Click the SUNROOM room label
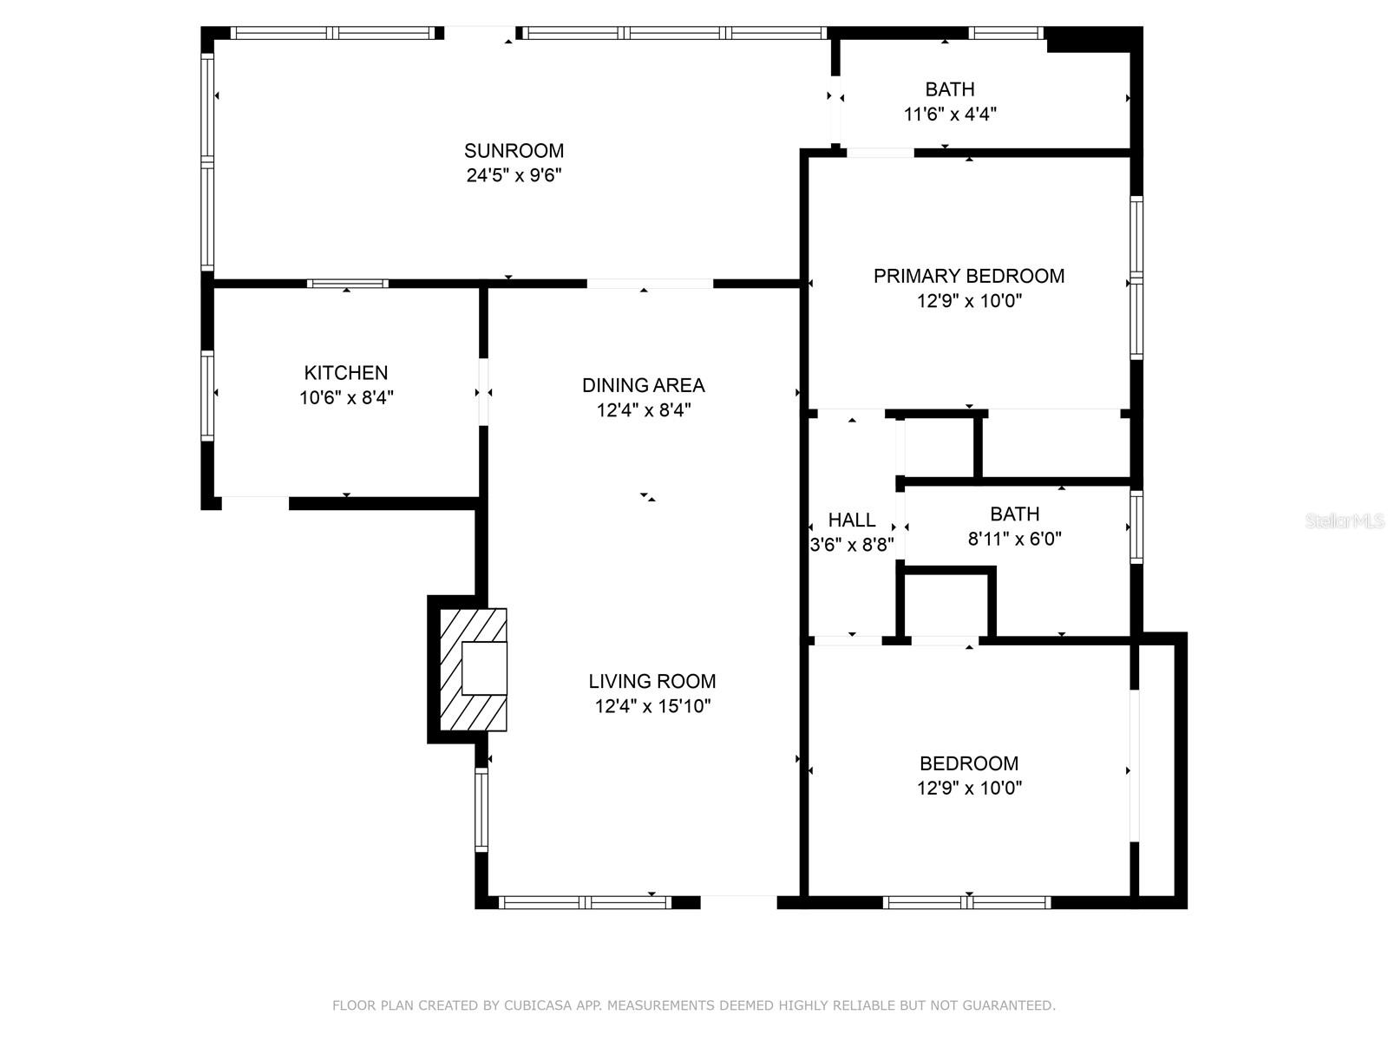click(x=514, y=151)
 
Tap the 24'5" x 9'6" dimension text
click(x=514, y=175)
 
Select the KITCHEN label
click(x=345, y=373)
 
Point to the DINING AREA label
click(x=643, y=385)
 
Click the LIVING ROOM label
click(x=651, y=682)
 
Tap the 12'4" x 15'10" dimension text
click(x=651, y=706)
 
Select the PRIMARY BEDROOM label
click(x=968, y=276)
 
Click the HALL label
click(x=851, y=520)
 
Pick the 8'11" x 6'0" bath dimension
click(x=1014, y=539)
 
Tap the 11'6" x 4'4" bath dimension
click(x=949, y=114)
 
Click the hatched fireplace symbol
click(x=474, y=669)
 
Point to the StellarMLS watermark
click(x=1344, y=520)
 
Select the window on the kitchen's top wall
click(x=347, y=284)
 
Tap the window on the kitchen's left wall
click(x=207, y=396)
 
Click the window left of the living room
click(x=481, y=809)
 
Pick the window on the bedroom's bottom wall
click(x=966, y=902)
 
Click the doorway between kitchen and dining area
click(x=483, y=392)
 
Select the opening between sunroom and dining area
click(x=650, y=284)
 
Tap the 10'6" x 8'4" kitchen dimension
click(x=345, y=398)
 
